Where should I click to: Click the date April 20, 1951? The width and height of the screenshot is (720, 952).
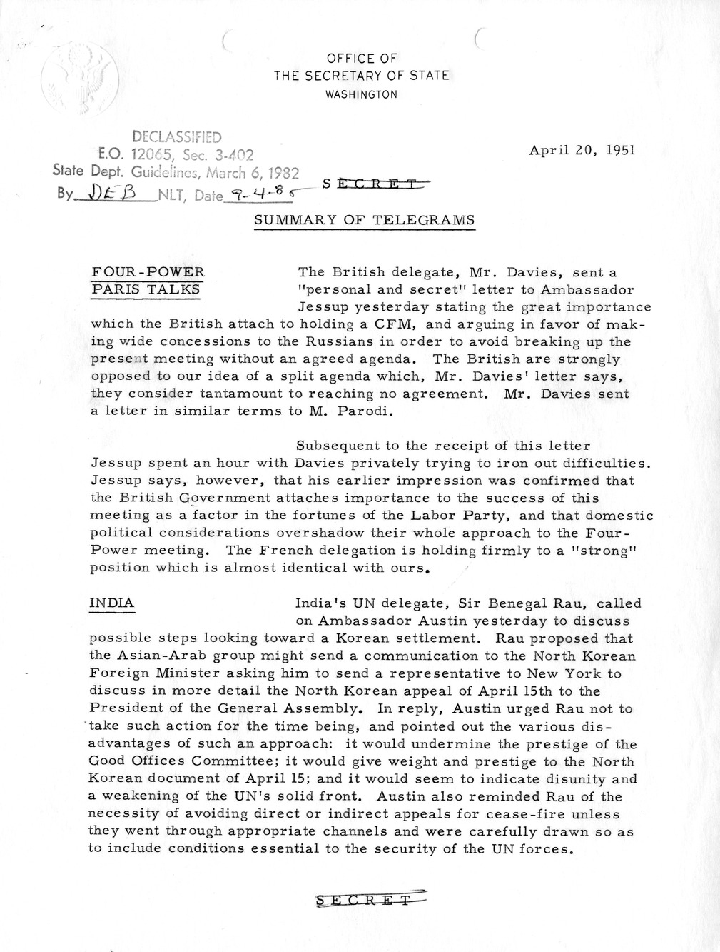click(582, 150)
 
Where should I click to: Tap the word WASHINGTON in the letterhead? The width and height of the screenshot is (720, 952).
click(361, 94)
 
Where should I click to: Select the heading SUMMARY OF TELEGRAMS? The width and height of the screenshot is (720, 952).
click(364, 221)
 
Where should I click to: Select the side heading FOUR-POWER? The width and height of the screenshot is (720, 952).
click(148, 272)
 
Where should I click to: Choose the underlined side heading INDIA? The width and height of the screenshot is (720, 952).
click(111, 603)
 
